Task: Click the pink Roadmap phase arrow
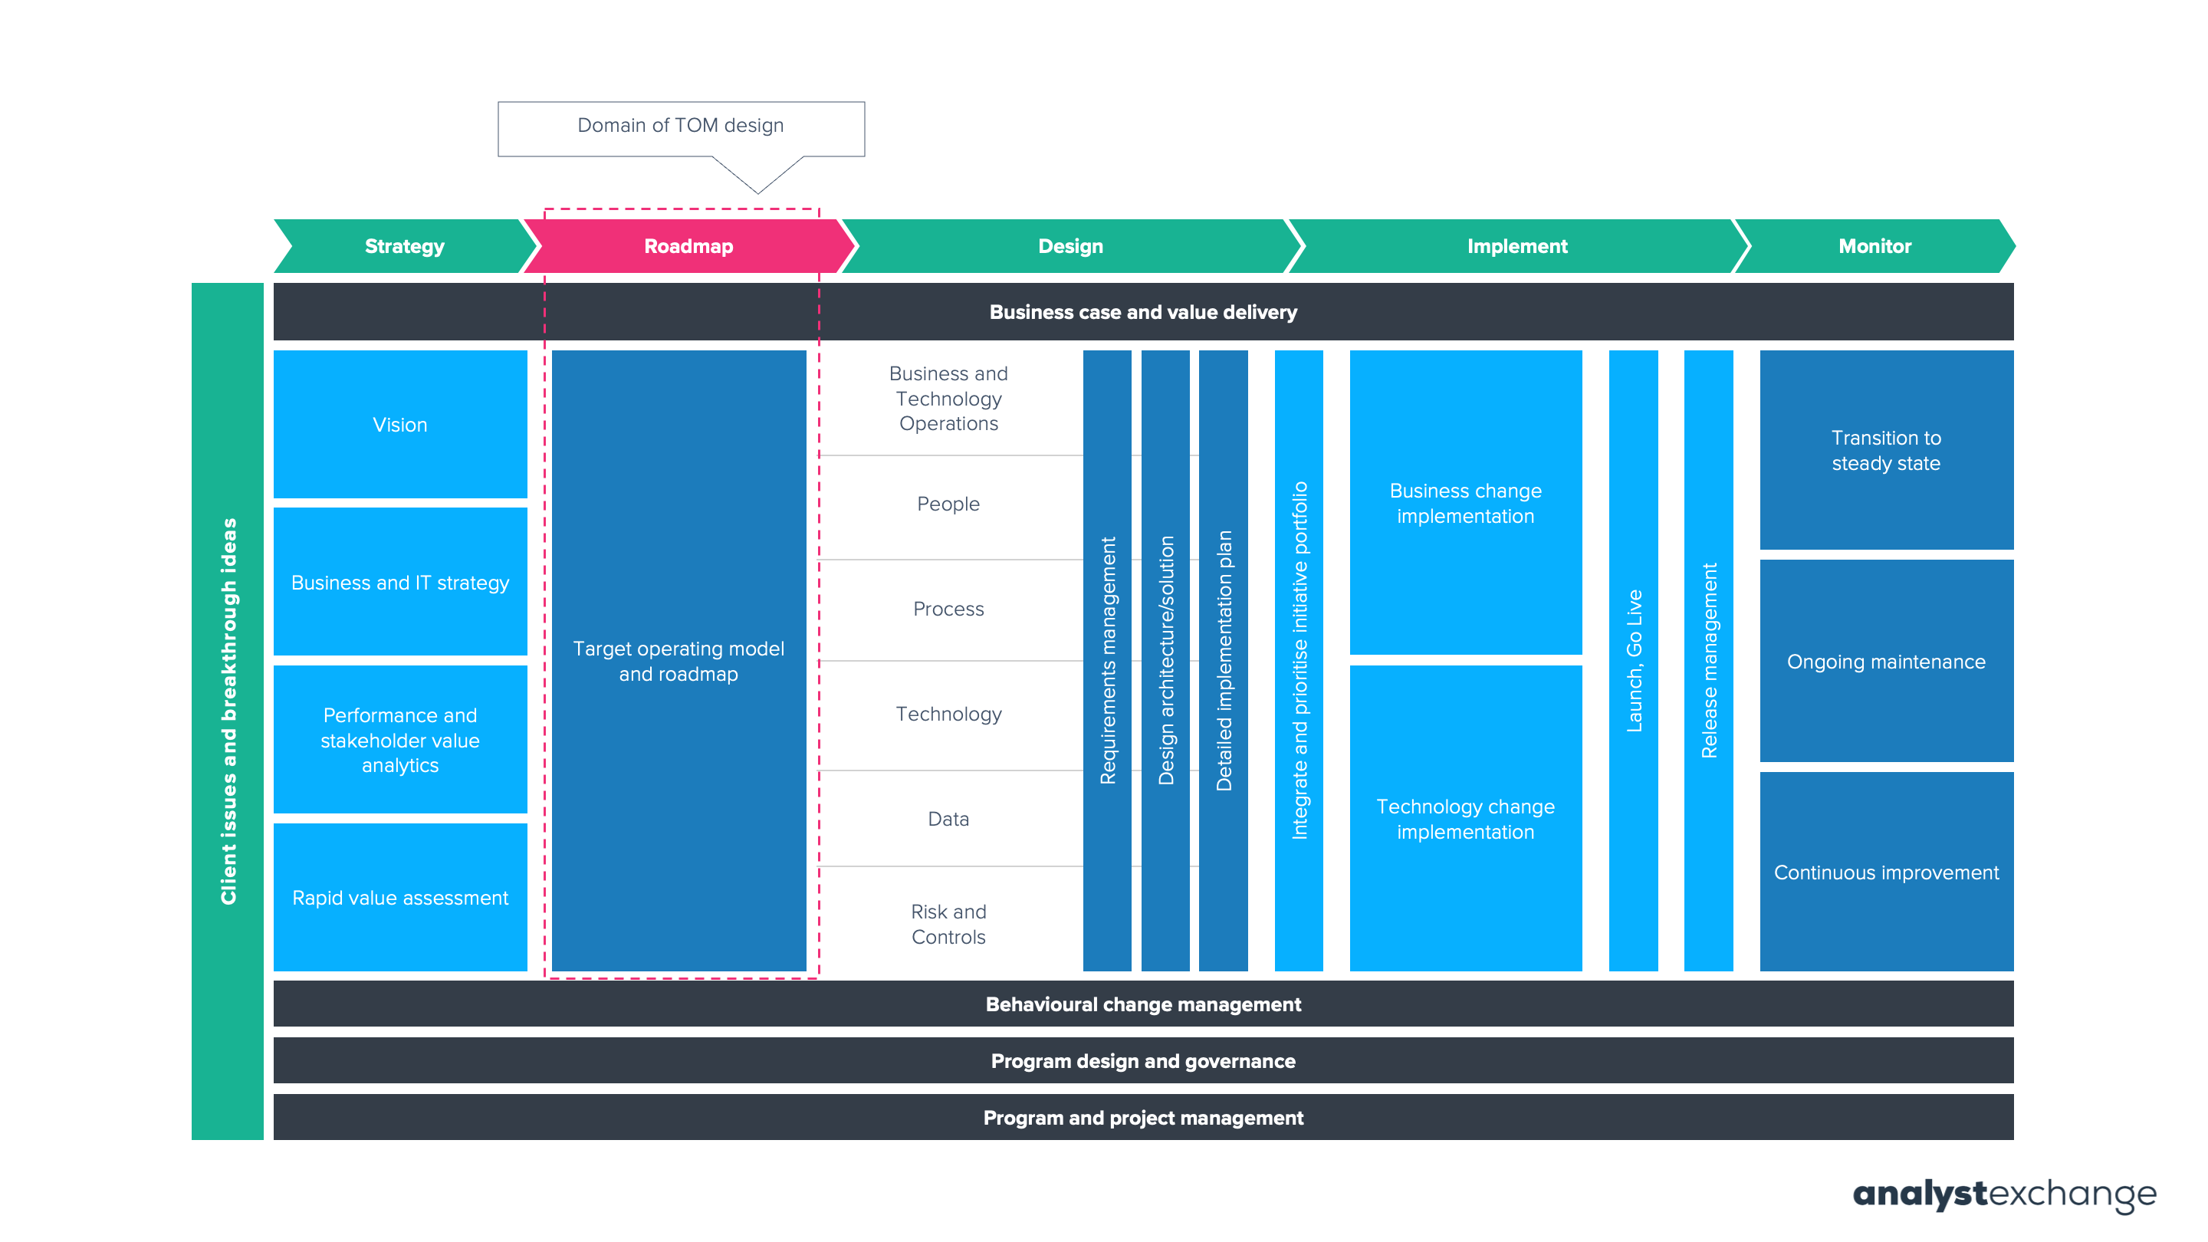click(688, 246)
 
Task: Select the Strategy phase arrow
click(404, 246)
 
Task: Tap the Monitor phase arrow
click(1874, 246)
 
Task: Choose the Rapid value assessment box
click(399, 898)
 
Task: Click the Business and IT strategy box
click(399, 582)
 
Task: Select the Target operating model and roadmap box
click(678, 661)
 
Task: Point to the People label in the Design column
click(948, 504)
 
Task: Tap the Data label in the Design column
click(948, 819)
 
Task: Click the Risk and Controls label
click(948, 924)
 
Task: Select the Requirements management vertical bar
click(1106, 661)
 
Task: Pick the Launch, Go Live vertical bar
click(1633, 661)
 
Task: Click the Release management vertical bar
click(1707, 661)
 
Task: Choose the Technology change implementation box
click(1465, 819)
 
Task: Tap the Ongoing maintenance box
click(1886, 661)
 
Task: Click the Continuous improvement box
click(1886, 872)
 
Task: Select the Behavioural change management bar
click(1142, 1004)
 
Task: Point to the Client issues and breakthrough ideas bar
click(227, 711)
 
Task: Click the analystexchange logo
click(2003, 1194)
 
